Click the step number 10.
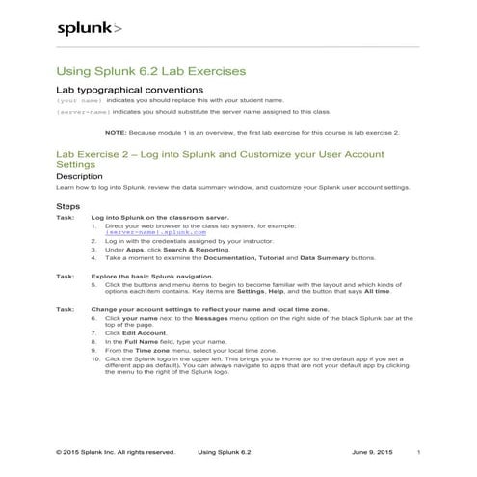[95, 358]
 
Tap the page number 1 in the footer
[418, 451]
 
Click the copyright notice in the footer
[116, 451]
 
